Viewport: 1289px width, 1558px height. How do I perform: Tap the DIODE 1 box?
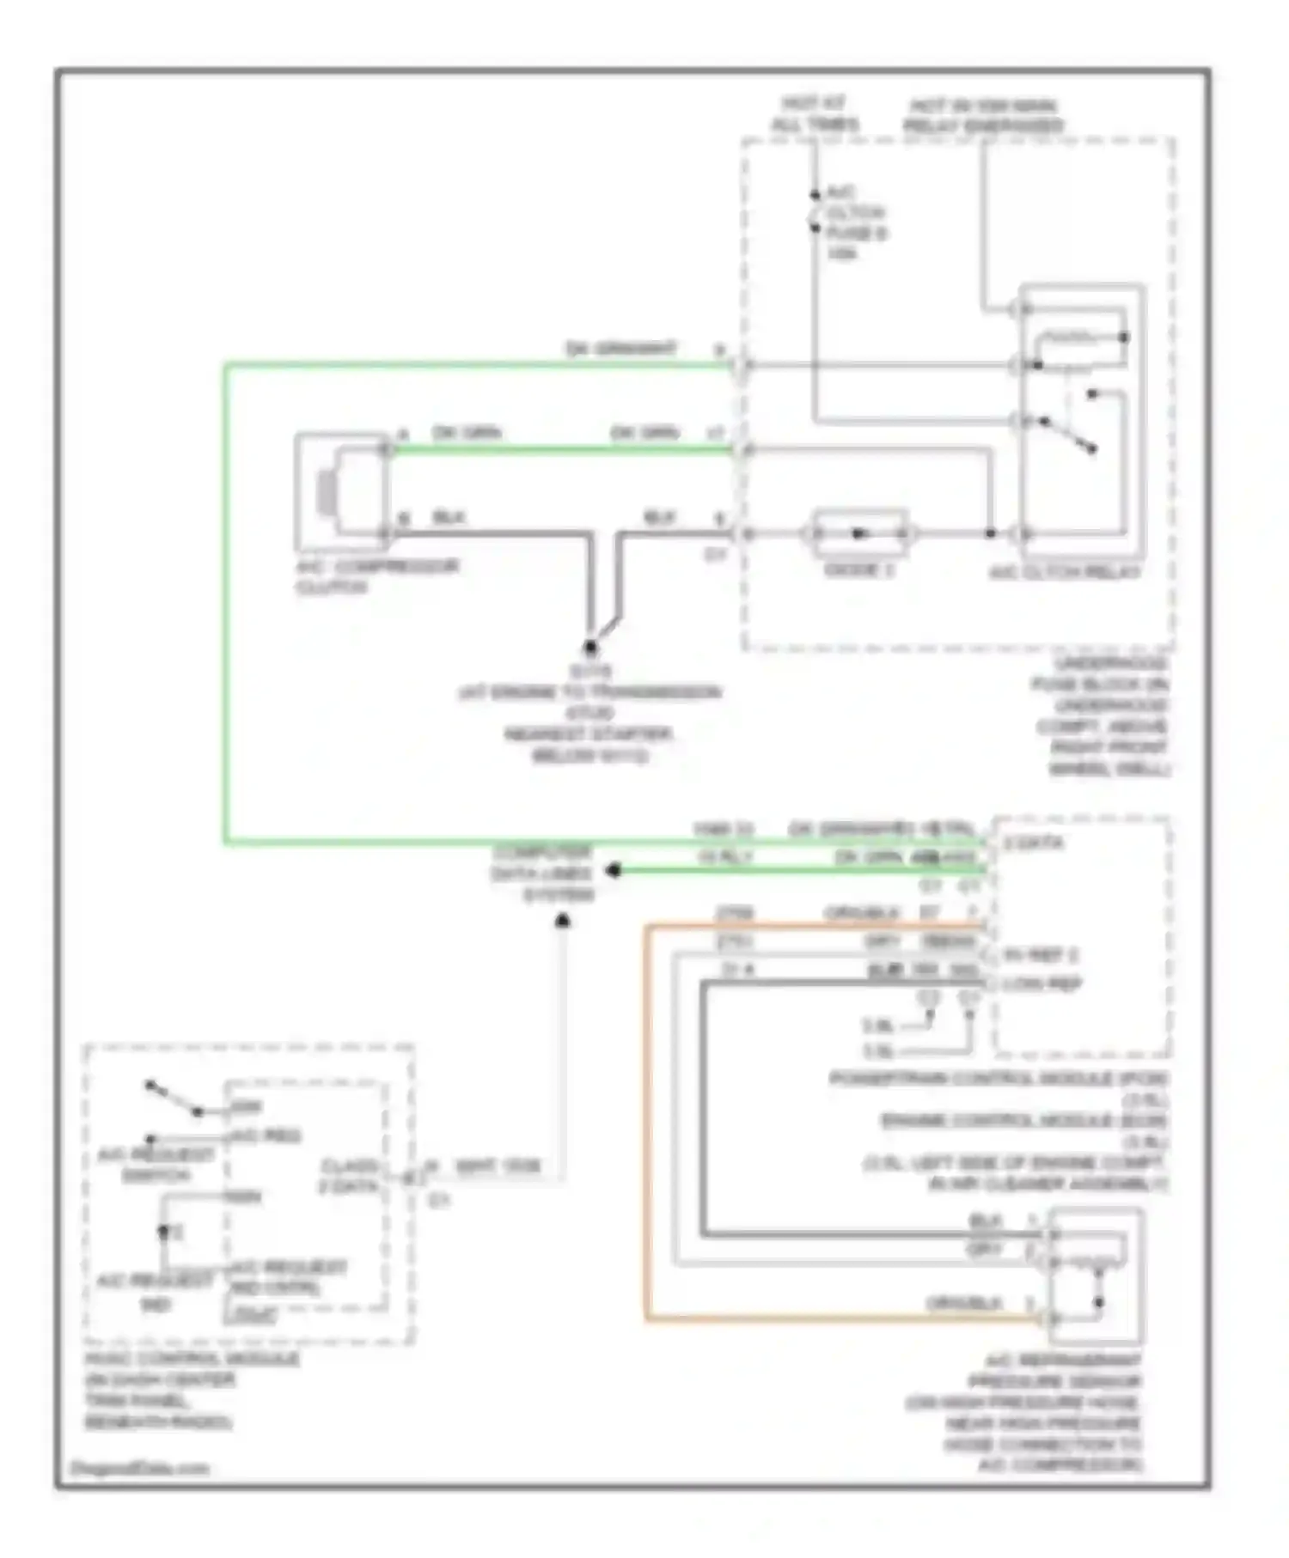tap(859, 533)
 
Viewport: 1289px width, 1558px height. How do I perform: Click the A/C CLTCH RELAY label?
tap(1064, 572)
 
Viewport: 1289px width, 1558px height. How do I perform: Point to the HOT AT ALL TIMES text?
tap(814, 114)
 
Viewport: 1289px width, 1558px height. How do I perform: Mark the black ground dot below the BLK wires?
tap(590, 647)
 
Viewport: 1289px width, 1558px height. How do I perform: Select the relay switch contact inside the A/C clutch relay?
tap(1068, 435)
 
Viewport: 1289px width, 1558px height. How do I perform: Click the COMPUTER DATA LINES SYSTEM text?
tap(543, 873)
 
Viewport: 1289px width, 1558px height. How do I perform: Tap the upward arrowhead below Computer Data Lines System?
tap(563, 922)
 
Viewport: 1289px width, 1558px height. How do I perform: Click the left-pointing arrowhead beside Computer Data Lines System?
tap(613, 871)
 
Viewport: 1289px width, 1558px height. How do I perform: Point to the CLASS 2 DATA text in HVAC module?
tap(350, 1176)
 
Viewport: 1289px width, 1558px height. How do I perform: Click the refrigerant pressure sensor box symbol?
tap(1096, 1275)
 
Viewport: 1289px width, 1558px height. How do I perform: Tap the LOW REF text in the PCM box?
tap(1041, 983)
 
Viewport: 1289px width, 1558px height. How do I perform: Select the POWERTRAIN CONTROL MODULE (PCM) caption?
tap(998, 1079)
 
